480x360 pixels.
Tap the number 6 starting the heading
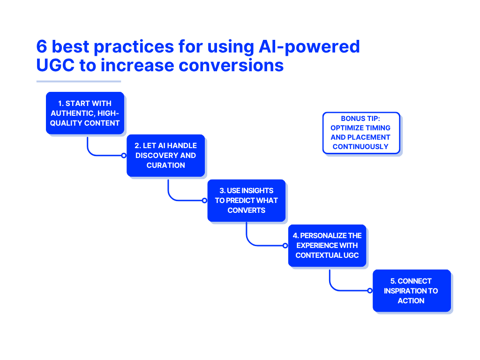pyautogui.click(x=42, y=47)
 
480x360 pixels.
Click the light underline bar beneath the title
pyautogui.click(x=78, y=82)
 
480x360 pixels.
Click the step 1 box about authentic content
pyautogui.click(x=85, y=113)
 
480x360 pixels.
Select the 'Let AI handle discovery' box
pyautogui.click(x=165, y=155)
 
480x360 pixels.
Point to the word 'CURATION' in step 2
pyautogui.click(x=165, y=165)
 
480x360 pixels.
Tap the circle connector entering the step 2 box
pyautogui.click(x=124, y=155)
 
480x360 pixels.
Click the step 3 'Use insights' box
pyautogui.click(x=247, y=200)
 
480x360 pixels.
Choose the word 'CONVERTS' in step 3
pyautogui.click(x=247, y=210)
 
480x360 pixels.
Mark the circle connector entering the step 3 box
pyautogui.click(x=204, y=200)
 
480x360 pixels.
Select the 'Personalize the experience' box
pyautogui.click(x=327, y=245)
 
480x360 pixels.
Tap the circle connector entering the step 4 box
pyautogui.click(x=285, y=245)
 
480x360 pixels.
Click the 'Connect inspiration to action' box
pyautogui.click(x=412, y=291)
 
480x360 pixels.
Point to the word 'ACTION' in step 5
pyautogui.click(x=411, y=300)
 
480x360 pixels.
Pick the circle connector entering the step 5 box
pyautogui.click(x=370, y=291)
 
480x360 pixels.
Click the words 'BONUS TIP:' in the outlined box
pyautogui.click(x=361, y=119)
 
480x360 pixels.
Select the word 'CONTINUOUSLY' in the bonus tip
pyautogui.click(x=361, y=146)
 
